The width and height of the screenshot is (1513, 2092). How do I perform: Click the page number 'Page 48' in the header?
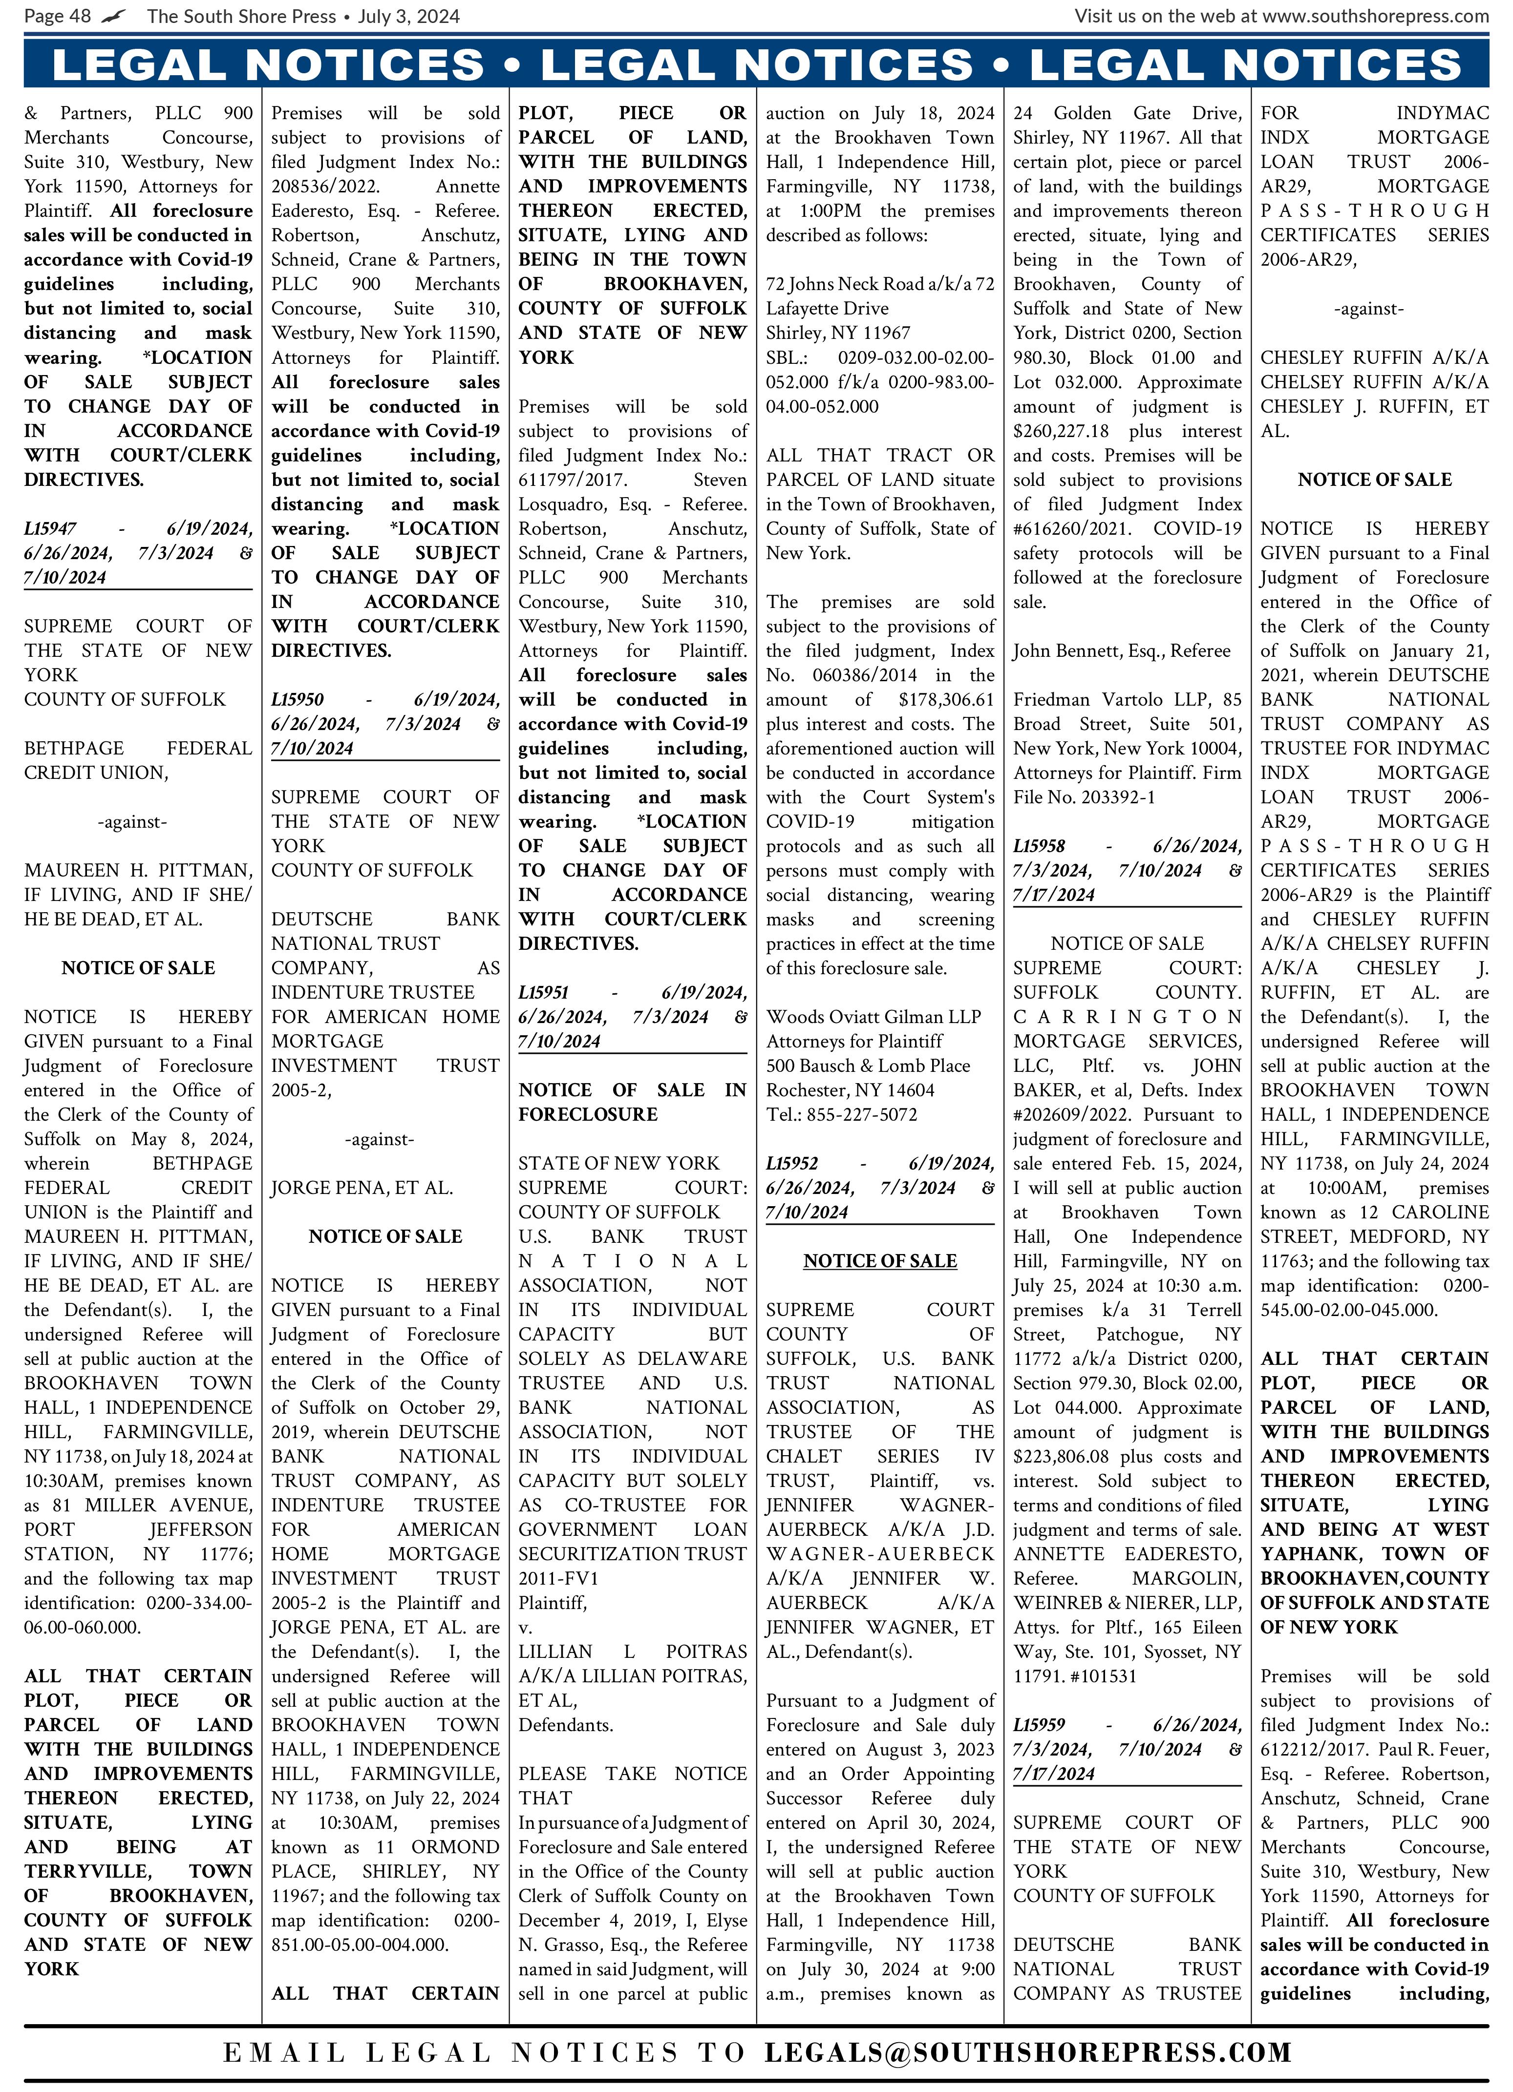[57, 16]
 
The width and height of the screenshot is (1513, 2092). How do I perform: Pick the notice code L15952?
[791, 1163]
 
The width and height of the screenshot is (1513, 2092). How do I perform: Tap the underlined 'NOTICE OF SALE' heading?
[880, 1261]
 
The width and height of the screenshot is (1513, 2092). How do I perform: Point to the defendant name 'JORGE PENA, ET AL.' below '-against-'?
[362, 1188]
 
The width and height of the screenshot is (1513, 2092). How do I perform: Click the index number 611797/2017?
[572, 480]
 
